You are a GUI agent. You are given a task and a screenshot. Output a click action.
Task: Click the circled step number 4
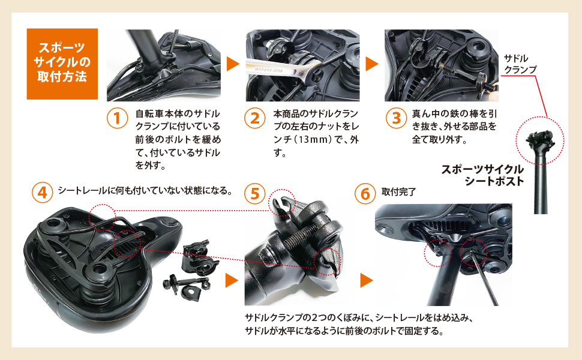(x=42, y=192)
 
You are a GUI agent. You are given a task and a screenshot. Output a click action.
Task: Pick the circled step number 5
(x=254, y=193)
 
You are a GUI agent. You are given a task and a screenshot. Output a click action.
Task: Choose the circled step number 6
(x=364, y=193)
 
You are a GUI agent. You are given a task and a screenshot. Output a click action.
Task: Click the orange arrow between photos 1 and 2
(x=233, y=64)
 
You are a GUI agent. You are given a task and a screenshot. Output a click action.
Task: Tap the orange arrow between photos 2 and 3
(x=372, y=64)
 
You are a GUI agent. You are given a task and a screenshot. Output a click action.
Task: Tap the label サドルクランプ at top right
(x=520, y=64)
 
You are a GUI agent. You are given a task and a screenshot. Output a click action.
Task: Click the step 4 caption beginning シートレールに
(x=145, y=192)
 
